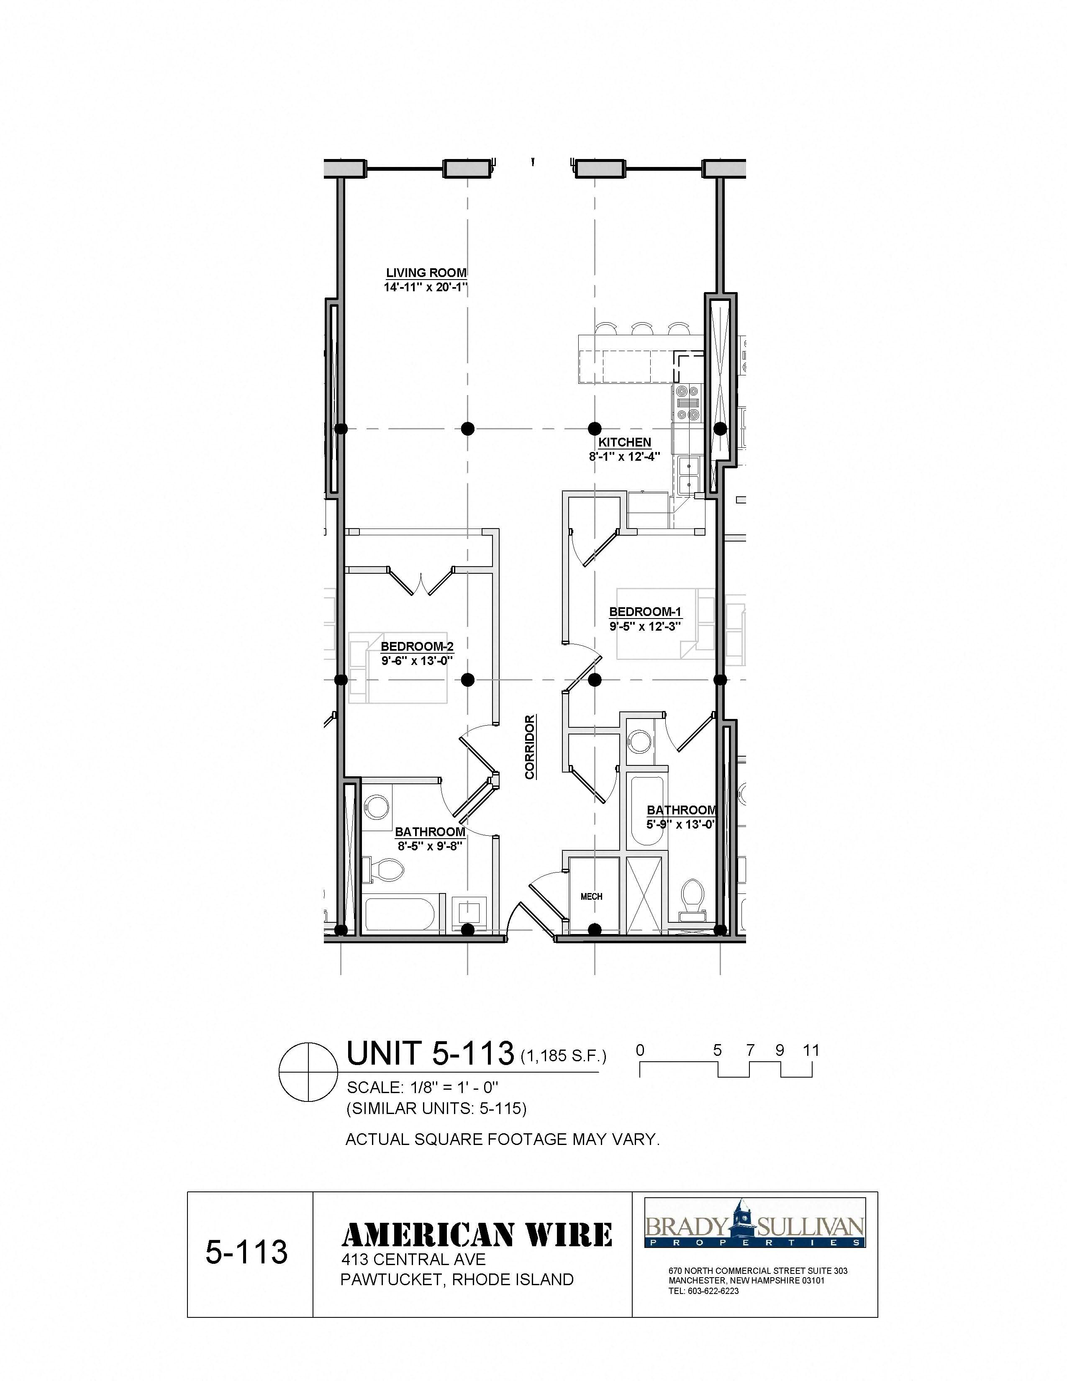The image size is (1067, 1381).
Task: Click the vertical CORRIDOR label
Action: (530, 747)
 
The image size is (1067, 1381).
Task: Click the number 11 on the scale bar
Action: (811, 1051)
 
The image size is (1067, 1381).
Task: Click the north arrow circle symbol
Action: (308, 1071)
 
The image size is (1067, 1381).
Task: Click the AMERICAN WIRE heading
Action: (477, 1235)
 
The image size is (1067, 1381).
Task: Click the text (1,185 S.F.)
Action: (563, 1057)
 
